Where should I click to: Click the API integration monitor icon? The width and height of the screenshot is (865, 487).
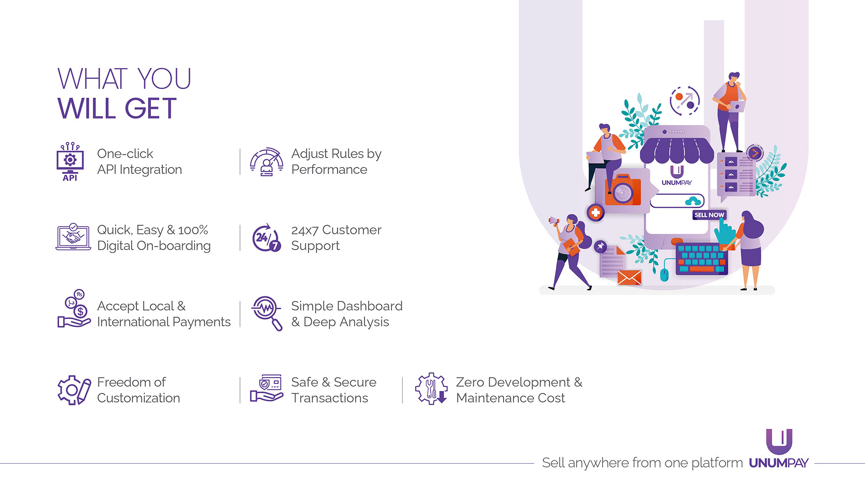point(70,161)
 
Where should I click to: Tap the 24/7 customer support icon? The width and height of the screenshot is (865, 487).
point(267,238)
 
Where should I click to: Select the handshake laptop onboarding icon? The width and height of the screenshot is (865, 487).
point(73,236)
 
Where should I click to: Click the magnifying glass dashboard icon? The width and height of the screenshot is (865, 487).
point(267,313)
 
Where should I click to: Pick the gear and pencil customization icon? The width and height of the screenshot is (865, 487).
point(74,390)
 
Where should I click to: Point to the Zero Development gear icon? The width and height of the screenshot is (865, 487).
point(431,389)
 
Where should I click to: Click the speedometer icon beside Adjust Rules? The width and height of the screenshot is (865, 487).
point(267,162)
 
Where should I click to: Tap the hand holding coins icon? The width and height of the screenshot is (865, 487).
point(74,309)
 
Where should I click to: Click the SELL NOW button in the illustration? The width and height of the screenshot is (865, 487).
point(709,215)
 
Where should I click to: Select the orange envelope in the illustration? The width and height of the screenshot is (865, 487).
point(629,278)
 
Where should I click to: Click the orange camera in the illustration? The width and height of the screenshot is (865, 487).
point(622,190)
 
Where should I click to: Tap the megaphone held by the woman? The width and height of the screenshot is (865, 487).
point(554,221)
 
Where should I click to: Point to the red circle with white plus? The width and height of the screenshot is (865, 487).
point(595,213)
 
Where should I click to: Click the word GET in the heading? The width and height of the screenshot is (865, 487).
point(151,109)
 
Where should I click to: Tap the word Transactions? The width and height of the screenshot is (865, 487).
point(329,398)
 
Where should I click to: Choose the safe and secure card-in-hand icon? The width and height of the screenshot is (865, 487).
point(267,389)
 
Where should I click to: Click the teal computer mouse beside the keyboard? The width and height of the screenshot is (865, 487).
point(664,274)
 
